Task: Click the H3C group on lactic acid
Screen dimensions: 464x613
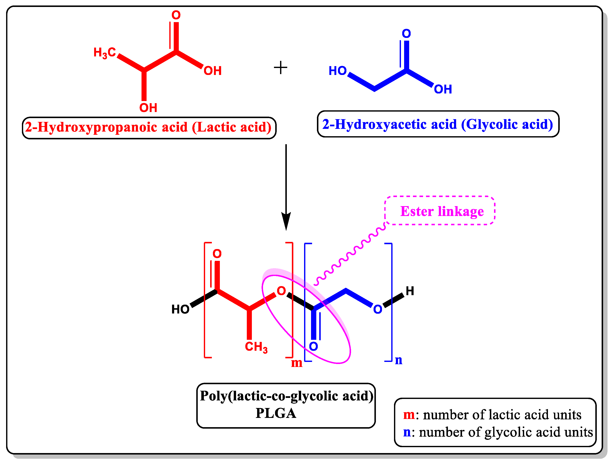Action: [104, 52]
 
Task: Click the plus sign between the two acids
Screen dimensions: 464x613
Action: [280, 68]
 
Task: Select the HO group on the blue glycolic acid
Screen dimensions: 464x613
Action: [338, 71]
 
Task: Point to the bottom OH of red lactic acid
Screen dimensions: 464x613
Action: [148, 108]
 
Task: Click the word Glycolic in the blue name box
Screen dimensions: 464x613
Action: [492, 124]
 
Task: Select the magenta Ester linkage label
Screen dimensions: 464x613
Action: [442, 211]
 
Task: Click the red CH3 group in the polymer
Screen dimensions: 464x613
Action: [256, 347]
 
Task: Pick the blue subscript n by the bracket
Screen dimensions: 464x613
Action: [398, 360]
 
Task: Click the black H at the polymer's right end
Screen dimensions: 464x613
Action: [410, 291]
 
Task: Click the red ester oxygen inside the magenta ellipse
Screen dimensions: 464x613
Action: [281, 291]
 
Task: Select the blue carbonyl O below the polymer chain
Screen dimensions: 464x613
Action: [313, 346]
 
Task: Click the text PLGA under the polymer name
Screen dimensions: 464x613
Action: [276, 413]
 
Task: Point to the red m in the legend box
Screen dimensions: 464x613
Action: [409, 415]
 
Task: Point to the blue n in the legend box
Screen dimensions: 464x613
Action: [407, 432]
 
